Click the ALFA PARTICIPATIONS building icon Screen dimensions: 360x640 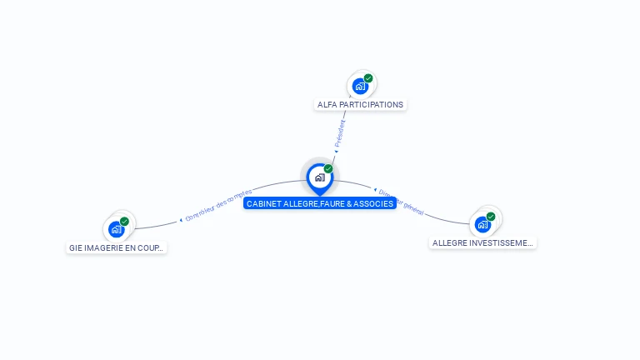click(360, 86)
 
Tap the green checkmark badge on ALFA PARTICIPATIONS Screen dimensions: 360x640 click(368, 78)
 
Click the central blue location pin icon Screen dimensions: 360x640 click(319, 177)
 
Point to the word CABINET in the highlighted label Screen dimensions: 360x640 click(263, 203)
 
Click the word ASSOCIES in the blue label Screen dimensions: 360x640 click(374, 203)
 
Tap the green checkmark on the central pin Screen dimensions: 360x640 click(328, 168)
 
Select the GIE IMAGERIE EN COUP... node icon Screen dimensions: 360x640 click(116, 228)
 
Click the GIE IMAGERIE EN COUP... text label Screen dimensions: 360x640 click(117, 247)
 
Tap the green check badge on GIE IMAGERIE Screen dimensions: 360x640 click(124, 221)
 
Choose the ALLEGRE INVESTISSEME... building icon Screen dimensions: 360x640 click(482, 224)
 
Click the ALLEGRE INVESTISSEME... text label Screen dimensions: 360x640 click(482, 243)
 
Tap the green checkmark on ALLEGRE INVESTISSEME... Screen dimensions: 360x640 click(491, 217)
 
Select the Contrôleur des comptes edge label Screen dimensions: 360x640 click(218, 205)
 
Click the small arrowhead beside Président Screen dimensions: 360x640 click(336, 151)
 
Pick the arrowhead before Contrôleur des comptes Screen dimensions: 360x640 click(181, 220)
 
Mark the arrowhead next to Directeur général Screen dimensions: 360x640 click(376, 190)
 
